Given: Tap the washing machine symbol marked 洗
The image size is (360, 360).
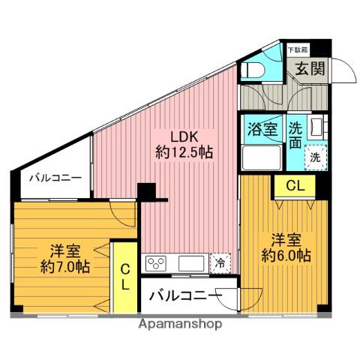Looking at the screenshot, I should click(316, 158).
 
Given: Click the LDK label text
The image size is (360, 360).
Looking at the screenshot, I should click(183, 137).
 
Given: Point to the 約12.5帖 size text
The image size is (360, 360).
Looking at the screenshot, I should click(184, 152).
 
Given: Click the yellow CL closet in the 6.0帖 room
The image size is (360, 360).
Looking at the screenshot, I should click(294, 186).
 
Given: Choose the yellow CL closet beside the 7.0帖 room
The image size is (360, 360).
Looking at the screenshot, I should click(126, 277).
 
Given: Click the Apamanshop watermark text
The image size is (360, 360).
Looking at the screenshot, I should click(180, 325).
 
